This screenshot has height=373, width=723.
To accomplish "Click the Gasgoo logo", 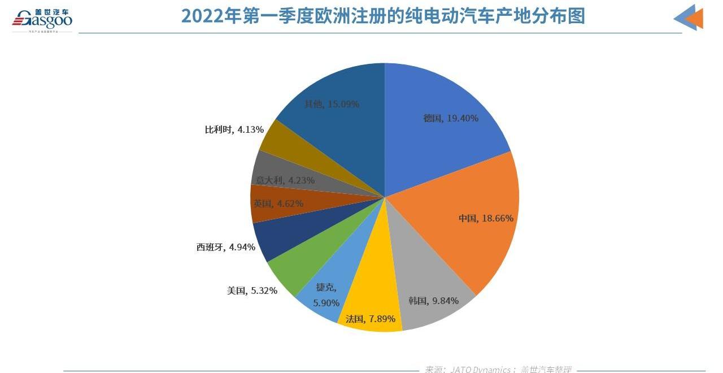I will pos(43,19).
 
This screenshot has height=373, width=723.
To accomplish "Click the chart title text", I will pos(382,16).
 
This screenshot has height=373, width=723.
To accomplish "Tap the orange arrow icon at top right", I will pos(690,18).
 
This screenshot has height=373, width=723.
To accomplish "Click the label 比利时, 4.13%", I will pos(234,129).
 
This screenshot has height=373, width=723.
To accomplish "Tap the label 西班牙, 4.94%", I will pos(226,247).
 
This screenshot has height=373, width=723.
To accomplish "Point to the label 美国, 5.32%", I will pos(252,290).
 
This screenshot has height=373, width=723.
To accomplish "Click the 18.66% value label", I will pos(498,218).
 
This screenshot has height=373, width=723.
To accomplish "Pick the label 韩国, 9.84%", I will pos(434,301).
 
